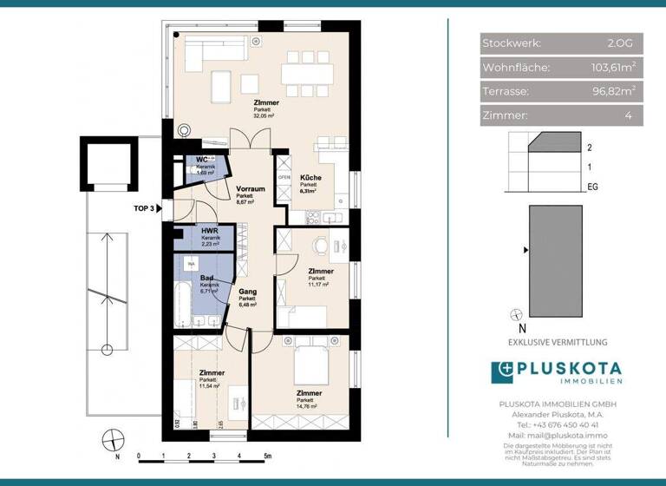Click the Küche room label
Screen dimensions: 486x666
tap(310, 177)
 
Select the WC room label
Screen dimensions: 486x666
tap(201, 160)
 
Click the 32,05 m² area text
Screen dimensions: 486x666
tap(264, 115)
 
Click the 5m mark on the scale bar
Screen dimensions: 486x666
tap(267, 456)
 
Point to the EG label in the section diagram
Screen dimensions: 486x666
tap(592, 186)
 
